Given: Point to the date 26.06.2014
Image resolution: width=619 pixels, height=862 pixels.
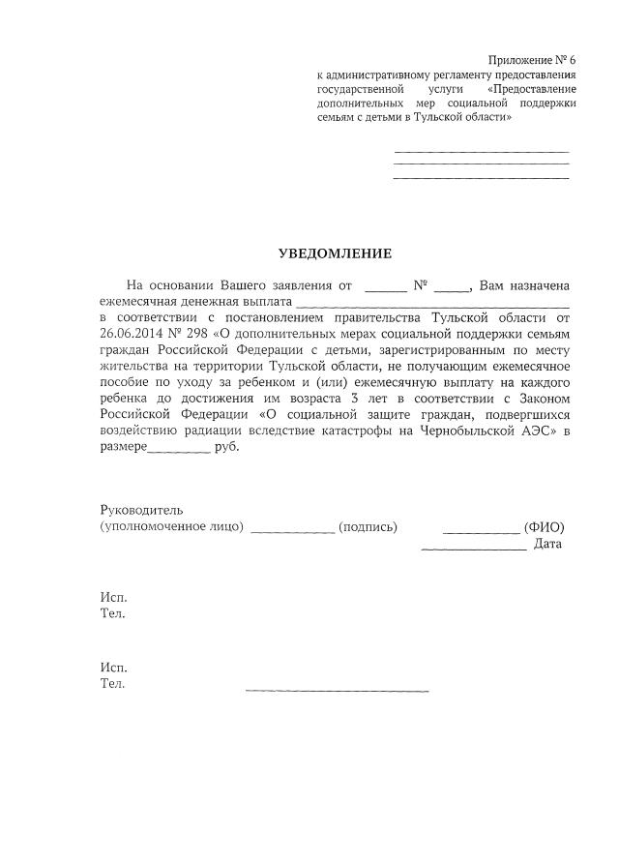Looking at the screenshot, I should (x=133, y=333).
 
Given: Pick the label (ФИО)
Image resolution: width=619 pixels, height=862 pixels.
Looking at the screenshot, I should (x=544, y=527).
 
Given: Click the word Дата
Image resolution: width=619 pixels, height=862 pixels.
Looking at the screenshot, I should (x=548, y=545).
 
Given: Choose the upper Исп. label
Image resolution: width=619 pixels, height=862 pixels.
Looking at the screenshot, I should (x=113, y=597).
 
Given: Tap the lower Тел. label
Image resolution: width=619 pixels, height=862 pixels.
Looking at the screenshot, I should (x=113, y=684).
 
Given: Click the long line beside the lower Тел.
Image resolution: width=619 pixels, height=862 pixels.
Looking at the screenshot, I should (x=337, y=690).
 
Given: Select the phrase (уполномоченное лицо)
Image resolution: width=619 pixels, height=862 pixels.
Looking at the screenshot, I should (x=172, y=527).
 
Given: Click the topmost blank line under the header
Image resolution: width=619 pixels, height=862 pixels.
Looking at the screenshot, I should (x=482, y=151).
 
